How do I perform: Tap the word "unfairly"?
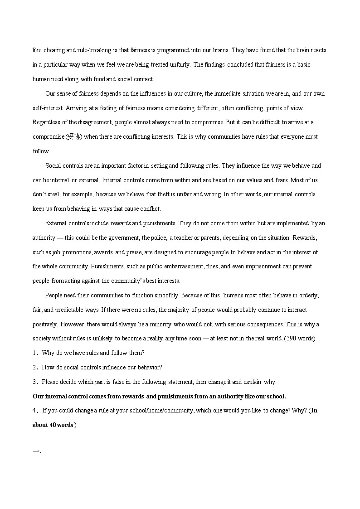click(x=179, y=64)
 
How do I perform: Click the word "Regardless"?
click(x=46, y=122)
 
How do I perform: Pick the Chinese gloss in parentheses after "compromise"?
click(x=73, y=136)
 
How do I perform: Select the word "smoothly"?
click(x=165, y=296)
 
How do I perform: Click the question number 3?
click(x=34, y=382)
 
